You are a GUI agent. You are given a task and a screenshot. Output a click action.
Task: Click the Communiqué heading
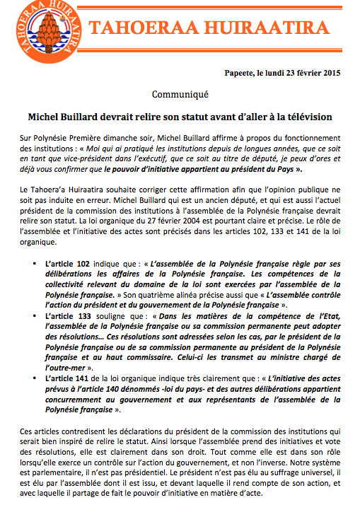[x=180, y=93]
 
